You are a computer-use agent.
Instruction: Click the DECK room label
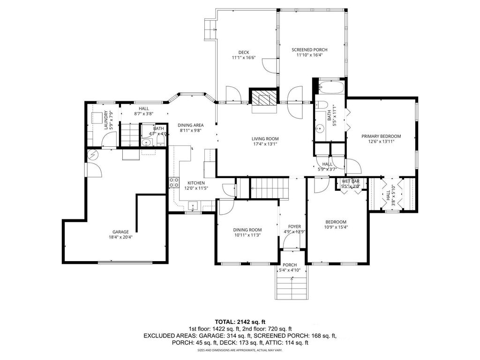click(243, 52)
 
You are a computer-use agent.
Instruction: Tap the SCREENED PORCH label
click(309, 50)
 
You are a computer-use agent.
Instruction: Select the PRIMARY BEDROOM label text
click(381, 136)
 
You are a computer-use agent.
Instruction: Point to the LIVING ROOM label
click(265, 139)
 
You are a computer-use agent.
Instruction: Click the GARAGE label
click(120, 232)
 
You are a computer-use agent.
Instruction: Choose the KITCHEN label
click(196, 182)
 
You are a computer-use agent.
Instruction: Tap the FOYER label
click(294, 226)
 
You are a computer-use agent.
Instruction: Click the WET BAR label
click(350, 181)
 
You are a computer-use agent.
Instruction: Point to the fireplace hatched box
click(263, 99)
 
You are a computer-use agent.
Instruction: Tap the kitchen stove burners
click(174, 182)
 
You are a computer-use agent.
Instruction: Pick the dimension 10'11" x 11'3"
click(247, 235)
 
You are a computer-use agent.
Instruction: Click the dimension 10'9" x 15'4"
click(336, 227)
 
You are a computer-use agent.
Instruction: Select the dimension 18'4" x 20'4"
click(120, 237)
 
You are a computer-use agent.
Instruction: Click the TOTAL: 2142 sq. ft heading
click(240, 322)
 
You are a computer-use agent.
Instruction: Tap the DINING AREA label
click(191, 125)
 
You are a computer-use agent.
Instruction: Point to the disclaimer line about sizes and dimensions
click(240, 350)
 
